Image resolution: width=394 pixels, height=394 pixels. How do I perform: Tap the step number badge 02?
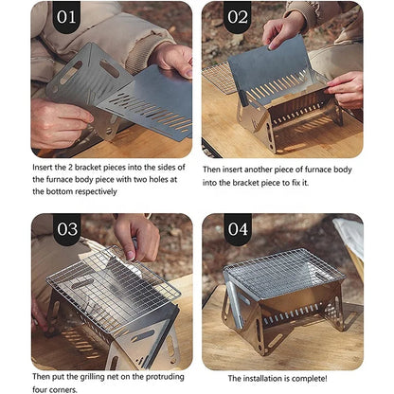[238, 17]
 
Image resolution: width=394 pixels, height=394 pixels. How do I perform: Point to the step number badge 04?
[238, 229]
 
